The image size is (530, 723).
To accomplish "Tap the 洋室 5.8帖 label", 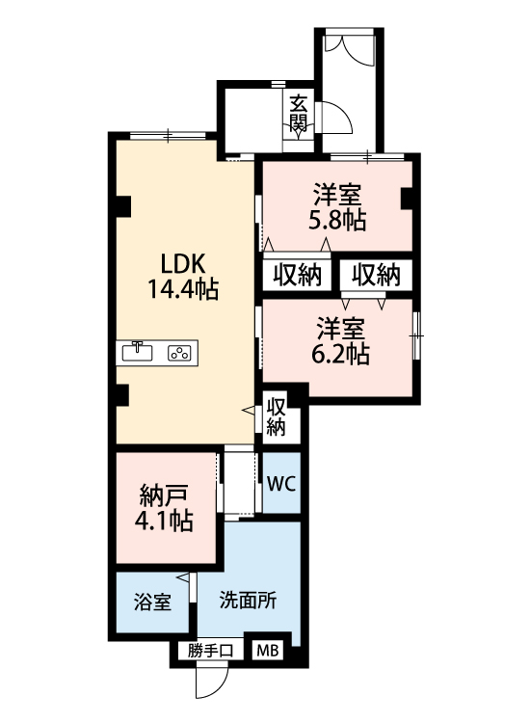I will tap(336, 206).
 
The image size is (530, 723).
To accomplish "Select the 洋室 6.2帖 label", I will tap(339, 340).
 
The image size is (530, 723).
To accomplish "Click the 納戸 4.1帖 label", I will tap(163, 510).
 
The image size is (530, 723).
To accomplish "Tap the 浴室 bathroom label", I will tap(152, 602).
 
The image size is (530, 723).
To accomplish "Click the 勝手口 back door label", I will tap(210, 651).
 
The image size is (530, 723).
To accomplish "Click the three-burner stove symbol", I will tap(178, 353).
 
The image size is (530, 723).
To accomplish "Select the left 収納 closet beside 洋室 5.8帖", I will tap(296, 275).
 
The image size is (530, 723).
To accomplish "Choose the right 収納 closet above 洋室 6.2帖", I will tap(375, 275).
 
